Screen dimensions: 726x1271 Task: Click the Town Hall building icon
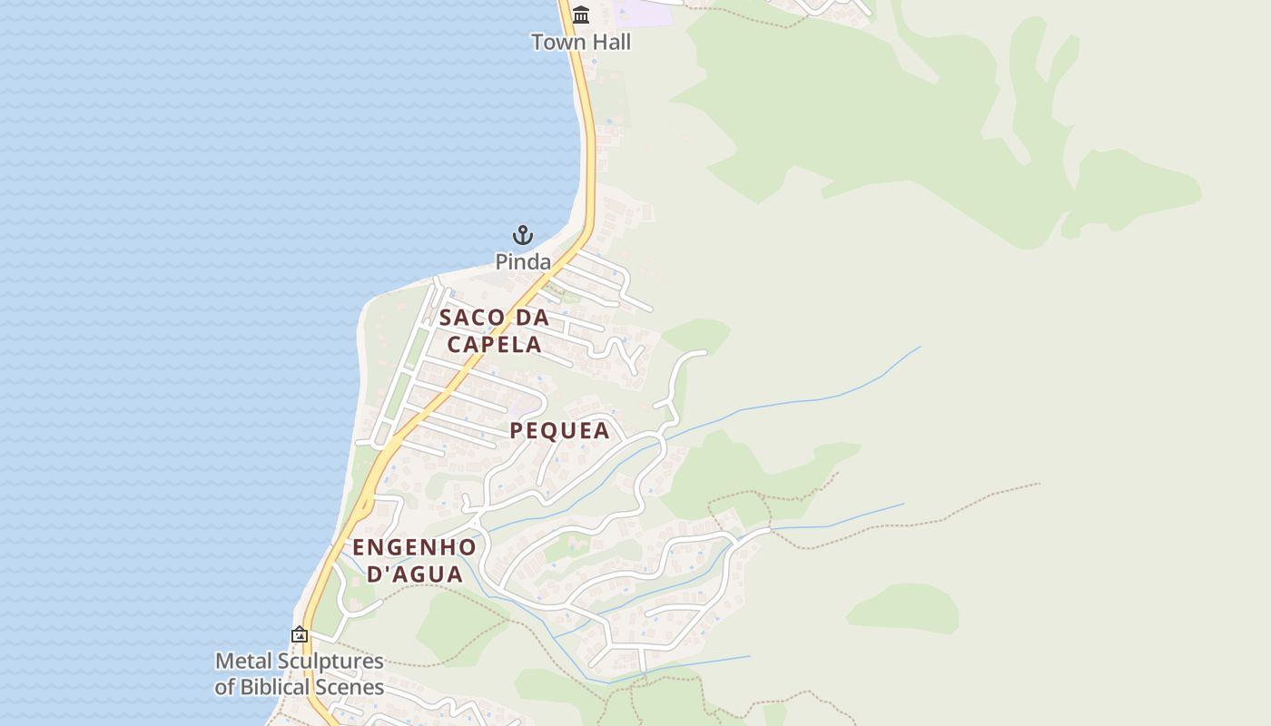coord(581,15)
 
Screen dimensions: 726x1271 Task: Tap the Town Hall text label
coord(581,43)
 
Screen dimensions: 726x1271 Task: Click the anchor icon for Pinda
coord(523,236)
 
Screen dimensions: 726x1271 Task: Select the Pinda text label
coord(523,262)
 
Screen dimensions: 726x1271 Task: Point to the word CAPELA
coord(495,345)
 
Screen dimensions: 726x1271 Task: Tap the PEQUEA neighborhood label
coord(559,431)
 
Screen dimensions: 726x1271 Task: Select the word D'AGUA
coord(414,574)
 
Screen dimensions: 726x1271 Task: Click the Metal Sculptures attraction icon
coord(300,634)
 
